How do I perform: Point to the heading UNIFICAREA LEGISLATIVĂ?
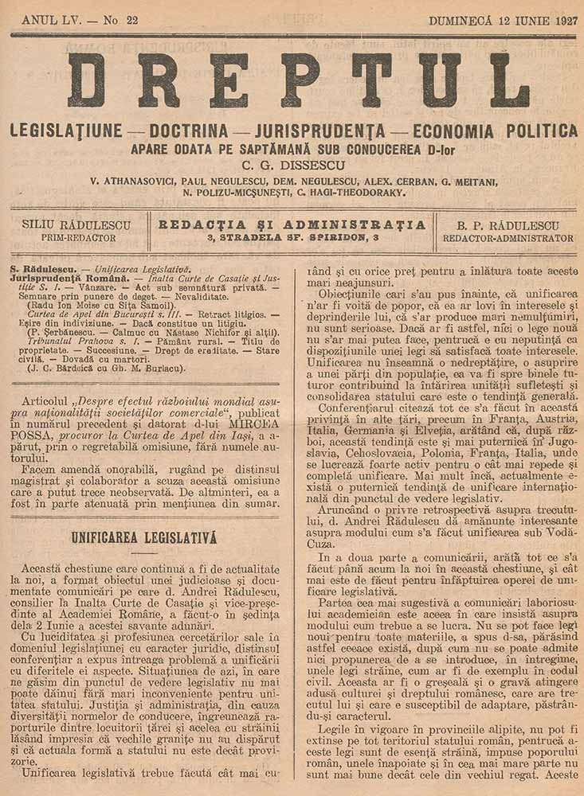[144, 537]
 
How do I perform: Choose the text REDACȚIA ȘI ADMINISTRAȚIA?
[292, 224]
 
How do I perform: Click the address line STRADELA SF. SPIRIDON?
[292, 237]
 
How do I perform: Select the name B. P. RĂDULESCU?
[508, 225]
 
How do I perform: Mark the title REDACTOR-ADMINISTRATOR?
[508, 238]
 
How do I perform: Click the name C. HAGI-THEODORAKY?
[348, 192]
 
